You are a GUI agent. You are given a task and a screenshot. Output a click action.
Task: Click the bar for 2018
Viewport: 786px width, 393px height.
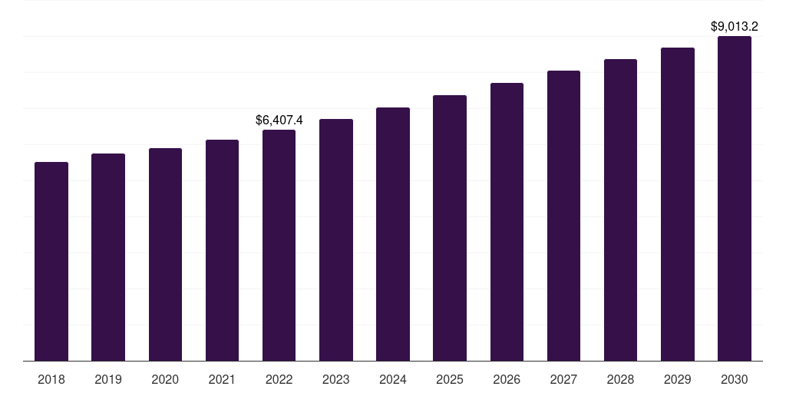coord(51,261)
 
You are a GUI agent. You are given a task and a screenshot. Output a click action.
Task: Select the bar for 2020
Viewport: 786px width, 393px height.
coord(165,254)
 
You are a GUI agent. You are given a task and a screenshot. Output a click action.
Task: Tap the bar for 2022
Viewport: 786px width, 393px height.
coord(279,245)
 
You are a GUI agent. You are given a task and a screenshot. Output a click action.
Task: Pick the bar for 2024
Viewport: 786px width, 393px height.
coord(393,234)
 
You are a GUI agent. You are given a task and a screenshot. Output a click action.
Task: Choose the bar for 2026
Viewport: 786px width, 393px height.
coord(507,222)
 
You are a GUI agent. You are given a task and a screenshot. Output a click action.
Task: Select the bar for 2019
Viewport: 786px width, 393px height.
coord(108,257)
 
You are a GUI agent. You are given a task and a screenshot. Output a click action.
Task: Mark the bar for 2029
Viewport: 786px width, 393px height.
coord(677,204)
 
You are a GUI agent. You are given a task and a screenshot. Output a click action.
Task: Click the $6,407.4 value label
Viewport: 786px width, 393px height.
coord(279,120)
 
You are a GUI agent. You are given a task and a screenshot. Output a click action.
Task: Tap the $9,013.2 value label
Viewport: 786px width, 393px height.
coord(735,27)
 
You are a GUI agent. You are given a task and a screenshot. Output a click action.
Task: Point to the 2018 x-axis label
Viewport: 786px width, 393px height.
coord(51,379)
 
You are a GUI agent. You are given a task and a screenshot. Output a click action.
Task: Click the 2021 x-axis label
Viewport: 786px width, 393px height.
coord(222,379)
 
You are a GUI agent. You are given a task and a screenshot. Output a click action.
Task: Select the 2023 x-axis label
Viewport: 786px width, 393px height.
coord(336,379)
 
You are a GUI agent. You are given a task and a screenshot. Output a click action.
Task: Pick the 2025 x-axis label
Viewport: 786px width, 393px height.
coord(450,379)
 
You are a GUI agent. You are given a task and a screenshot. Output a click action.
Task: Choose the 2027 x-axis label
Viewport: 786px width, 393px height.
coord(563,379)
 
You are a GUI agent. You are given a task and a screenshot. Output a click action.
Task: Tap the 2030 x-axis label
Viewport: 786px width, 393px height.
coord(734,379)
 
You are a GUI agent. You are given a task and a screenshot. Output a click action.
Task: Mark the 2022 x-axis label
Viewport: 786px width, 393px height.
coord(279,379)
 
